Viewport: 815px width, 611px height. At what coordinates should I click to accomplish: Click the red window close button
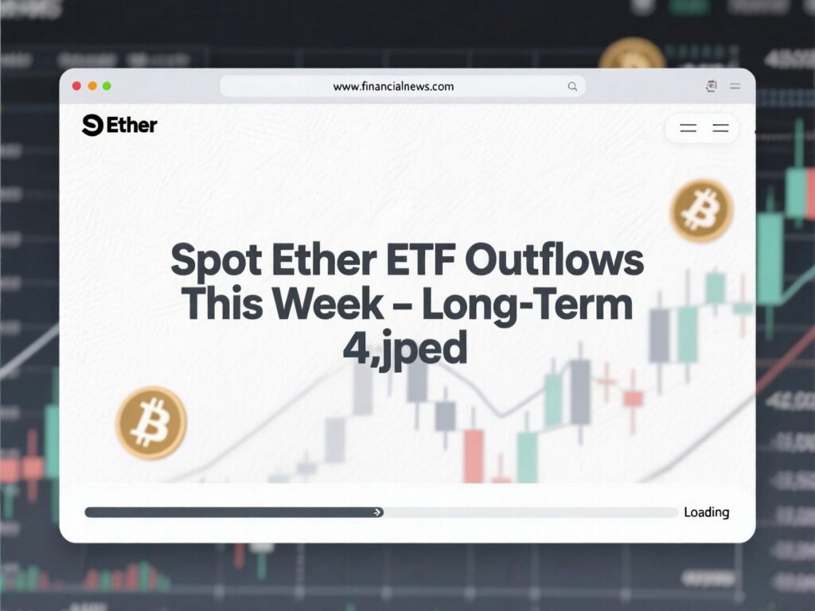(76, 86)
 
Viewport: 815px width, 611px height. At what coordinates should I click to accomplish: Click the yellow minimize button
(92, 86)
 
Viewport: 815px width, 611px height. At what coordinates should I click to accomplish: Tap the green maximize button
(107, 86)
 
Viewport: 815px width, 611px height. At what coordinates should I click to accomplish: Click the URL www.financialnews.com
(393, 86)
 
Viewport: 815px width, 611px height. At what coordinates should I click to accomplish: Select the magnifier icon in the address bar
(572, 87)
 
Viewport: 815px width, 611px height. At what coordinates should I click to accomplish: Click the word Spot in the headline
(217, 262)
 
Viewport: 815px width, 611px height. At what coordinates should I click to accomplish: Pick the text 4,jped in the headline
(405, 349)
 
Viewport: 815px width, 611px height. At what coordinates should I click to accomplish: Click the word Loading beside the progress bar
(706, 512)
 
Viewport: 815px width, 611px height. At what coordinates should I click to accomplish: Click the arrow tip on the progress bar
(376, 512)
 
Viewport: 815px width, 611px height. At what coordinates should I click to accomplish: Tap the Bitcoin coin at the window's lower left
(151, 422)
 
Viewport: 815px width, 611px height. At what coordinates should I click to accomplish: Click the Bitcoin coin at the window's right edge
(701, 211)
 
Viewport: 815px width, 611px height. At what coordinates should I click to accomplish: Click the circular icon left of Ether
(92, 125)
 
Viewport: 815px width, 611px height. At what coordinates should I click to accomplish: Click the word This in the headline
(218, 305)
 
